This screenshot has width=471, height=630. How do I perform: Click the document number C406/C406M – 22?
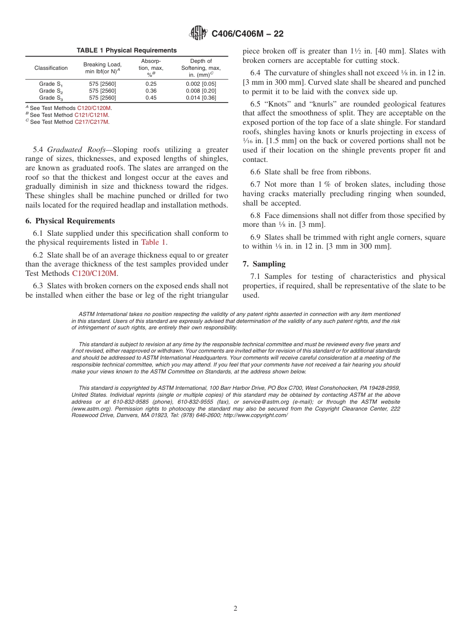pyautogui.click(x=247, y=34)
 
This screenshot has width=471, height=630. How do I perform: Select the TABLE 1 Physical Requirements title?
pyautogui.click(x=126, y=51)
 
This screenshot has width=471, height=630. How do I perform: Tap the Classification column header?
pyautogui.click(x=51, y=68)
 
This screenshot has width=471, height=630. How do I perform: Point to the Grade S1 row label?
pyautogui.click(x=51, y=84)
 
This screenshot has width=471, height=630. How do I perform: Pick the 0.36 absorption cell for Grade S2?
pyautogui.click(x=151, y=91)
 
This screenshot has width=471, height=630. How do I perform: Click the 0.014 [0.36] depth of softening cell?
pyautogui.click(x=201, y=98)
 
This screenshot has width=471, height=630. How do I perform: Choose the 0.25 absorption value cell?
pyautogui.click(x=151, y=84)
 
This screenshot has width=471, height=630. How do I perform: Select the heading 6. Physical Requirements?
pyautogui.click(x=70, y=221)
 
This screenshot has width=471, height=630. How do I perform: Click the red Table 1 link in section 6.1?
pyautogui.click(x=154, y=242)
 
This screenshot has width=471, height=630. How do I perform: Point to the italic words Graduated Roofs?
pyautogui.click(x=72, y=150)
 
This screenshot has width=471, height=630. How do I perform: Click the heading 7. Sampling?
pyautogui.click(x=264, y=264)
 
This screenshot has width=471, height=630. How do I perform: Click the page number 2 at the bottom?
pyautogui.click(x=235, y=609)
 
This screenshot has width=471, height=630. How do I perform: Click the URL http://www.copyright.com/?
pyautogui.click(x=255, y=415)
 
